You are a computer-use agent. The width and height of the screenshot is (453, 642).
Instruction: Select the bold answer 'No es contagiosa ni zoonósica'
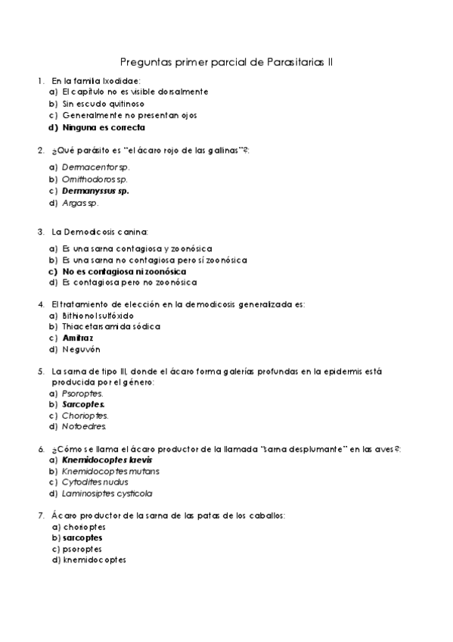point(125,270)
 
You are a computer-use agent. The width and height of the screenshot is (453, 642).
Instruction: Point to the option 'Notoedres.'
point(85,426)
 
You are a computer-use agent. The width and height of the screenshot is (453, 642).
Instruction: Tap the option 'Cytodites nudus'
point(95,481)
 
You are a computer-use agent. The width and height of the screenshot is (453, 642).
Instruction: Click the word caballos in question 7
point(263,515)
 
